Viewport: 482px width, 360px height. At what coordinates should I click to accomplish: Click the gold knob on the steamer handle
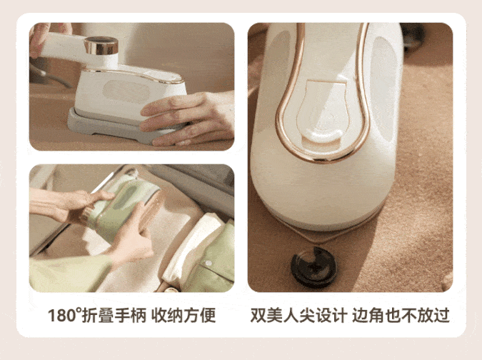click(x=101, y=45)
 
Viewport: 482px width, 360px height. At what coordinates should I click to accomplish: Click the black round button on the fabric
click(x=313, y=267)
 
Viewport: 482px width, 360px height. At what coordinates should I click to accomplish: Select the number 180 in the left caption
click(x=62, y=316)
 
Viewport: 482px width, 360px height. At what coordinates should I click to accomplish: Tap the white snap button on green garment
click(x=209, y=263)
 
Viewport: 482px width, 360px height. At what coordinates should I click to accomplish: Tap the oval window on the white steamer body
click(x=126, y=91)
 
